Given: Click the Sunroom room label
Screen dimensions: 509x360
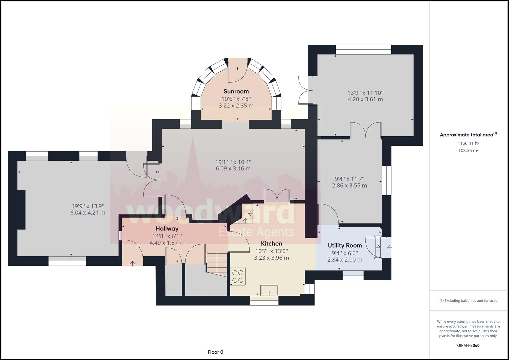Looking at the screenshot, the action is click(x=236, y=91).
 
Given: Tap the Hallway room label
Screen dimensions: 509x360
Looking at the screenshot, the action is click(x=167, y=228).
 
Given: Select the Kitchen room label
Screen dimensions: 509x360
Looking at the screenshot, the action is click(x=272, y=244).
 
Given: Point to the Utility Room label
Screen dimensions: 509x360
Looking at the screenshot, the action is click(x=345, y=245).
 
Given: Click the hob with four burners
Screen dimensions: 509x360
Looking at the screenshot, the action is click(x=238, y=276).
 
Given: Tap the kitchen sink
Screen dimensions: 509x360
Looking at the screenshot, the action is click(x=269, y=290).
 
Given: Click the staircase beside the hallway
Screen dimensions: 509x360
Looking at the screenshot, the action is click(x=217, y=264).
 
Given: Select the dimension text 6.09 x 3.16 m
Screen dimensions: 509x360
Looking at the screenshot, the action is click(x=233, y=169).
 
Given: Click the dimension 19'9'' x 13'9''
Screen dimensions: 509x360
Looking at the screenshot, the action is click(x=88, y=206).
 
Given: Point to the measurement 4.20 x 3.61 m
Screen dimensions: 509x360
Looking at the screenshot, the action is click(x=365, y=99).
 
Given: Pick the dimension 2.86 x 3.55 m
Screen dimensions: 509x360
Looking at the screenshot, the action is click(x=349, y=185).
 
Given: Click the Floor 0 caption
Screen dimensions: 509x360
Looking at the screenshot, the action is click(x=215, y=352).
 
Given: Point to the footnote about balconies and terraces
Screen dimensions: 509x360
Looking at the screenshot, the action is click(x=468, y=301).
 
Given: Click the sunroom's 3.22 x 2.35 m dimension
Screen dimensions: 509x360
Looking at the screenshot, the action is click(x=236, y=106).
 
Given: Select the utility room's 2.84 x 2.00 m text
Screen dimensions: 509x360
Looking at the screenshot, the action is click(x=345, y=260).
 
